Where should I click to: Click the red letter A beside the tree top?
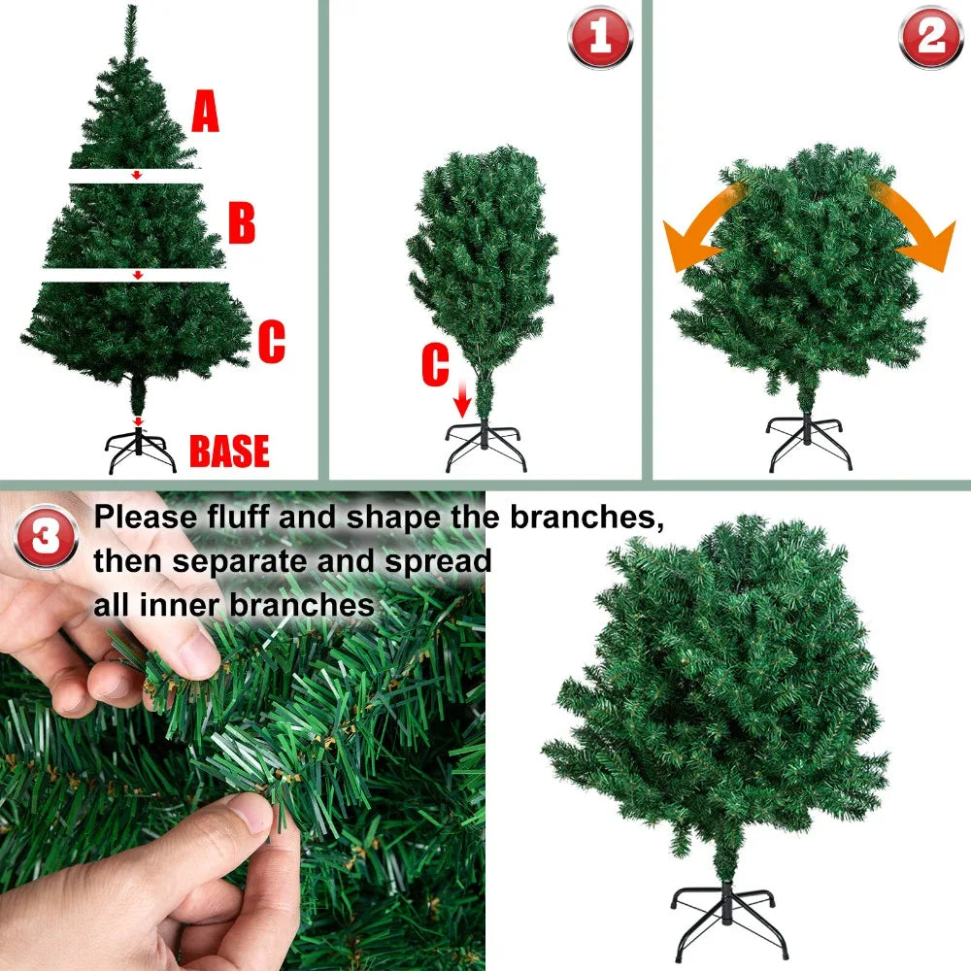205,112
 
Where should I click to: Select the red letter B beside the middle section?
242,222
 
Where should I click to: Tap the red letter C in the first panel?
271,343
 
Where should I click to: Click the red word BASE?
229,452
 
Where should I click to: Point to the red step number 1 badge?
599,37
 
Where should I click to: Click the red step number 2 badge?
930,37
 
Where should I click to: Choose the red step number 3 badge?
46,536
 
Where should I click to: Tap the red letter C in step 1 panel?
435,366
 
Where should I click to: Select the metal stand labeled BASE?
141,450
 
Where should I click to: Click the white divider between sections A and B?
136,176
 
